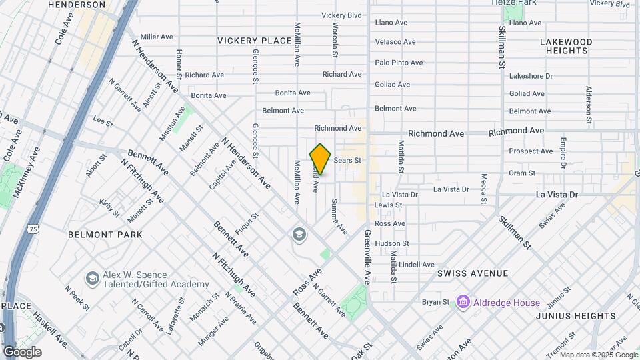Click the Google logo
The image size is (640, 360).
pyautogui.click(x=22, y=351)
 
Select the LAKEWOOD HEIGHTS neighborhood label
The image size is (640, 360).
pyautogui.click(x=565, y=46)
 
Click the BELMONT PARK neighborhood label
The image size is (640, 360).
pyautogui.click(x=105, y=235)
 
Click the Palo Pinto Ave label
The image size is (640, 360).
pyautogui.click(x=399, y=63)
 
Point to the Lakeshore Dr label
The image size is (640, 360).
pyautogui.click(x=531, y=76)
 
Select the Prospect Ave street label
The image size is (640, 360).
pyautogui.click(x=531, y=151)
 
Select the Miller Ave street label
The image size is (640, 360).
pyautogui.click(x=157, y=37)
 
